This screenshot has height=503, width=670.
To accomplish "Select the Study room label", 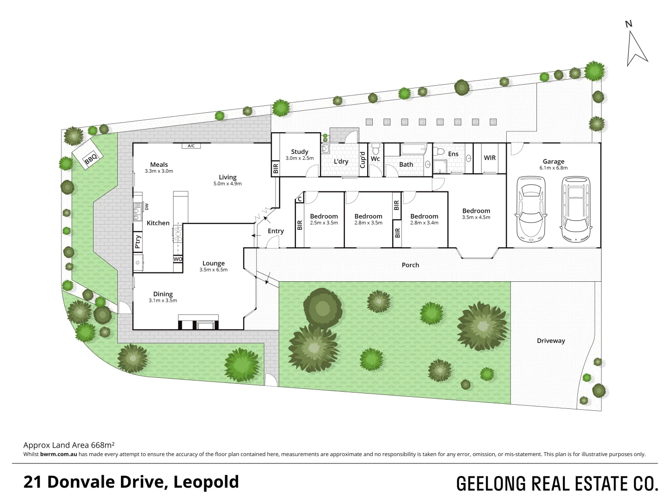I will coord(300,151).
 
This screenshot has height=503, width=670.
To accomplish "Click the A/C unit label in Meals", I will coord(191,146).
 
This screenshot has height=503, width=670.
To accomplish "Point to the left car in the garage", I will coord(531,207).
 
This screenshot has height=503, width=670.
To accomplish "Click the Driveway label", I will coord(551,340).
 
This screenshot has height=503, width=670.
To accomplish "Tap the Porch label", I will coord(410,265).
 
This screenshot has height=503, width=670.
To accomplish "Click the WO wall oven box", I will coord(178,259).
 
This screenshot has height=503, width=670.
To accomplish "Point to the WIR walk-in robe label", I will coord(489,158).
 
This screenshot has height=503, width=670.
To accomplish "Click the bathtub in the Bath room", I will coord(413,150).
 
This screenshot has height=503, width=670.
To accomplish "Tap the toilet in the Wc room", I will coord(376,149).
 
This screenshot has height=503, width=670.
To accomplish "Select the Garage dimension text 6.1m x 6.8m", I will coord(553,168).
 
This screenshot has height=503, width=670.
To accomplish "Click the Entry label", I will coord(275,231).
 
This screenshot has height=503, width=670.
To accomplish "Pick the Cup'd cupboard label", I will coord(362,160).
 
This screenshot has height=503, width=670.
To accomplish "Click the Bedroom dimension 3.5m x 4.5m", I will coord(476,218).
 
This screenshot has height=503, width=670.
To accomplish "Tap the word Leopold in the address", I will coord(206,482).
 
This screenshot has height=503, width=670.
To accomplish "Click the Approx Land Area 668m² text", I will coord(69,444).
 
